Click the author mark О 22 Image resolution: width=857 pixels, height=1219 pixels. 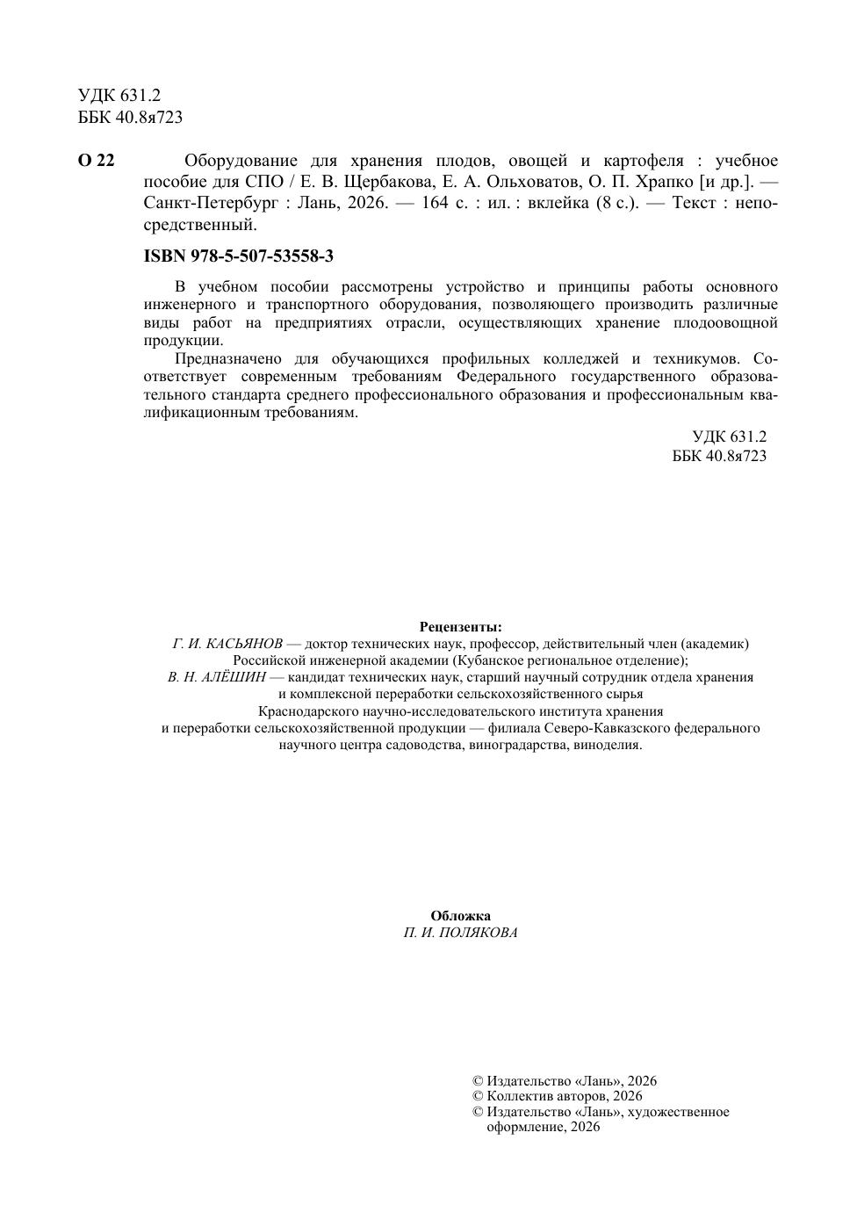click(x=96, y=161)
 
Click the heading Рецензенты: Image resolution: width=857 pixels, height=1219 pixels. click(x=460, y=627)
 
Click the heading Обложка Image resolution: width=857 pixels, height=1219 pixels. click(x=460, y=916)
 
